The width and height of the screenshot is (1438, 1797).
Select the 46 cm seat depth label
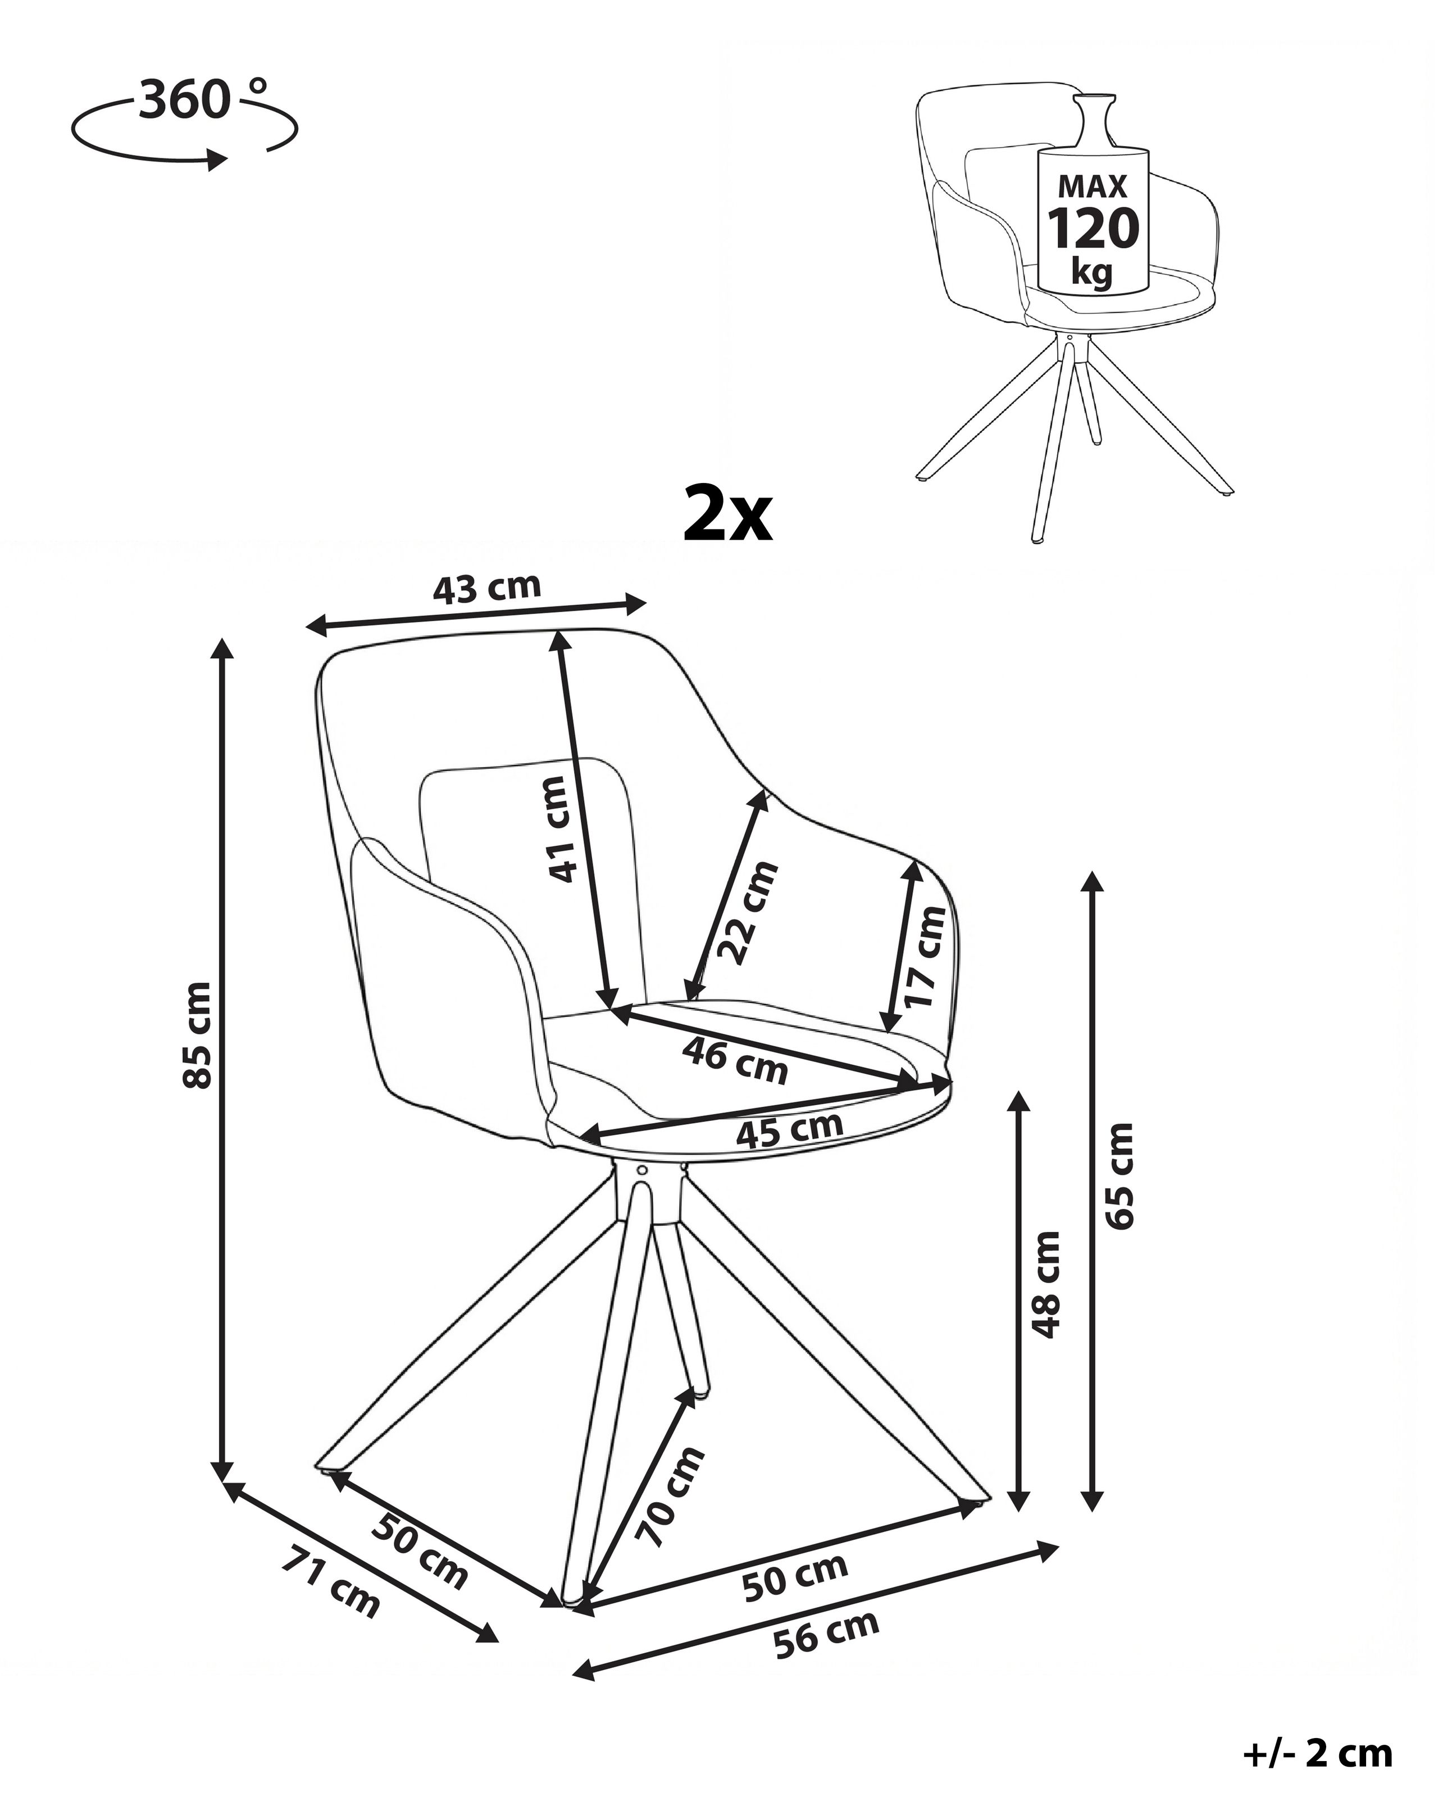click(x=734, y=1060)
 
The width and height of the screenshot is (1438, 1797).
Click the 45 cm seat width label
click(x=789, y=1129)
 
